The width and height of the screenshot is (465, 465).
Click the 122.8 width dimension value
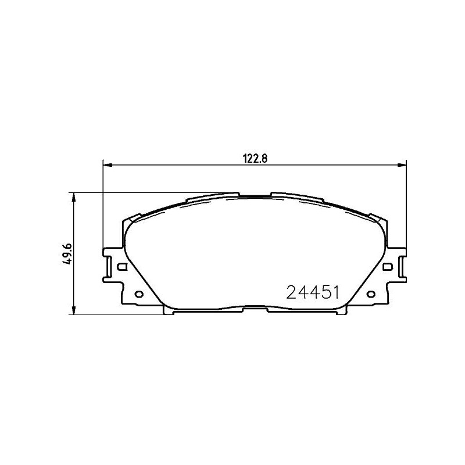click(x=254, y=158)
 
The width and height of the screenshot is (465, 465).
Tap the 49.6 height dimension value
click(x=69, y=254)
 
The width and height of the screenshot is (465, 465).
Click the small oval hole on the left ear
click(x=138, y=294)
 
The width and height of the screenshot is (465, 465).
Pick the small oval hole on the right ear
click(x=370, y=294)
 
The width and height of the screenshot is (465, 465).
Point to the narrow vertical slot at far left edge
click(x=109, y=267)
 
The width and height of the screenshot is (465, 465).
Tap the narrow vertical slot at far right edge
click(x=400, y=267)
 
